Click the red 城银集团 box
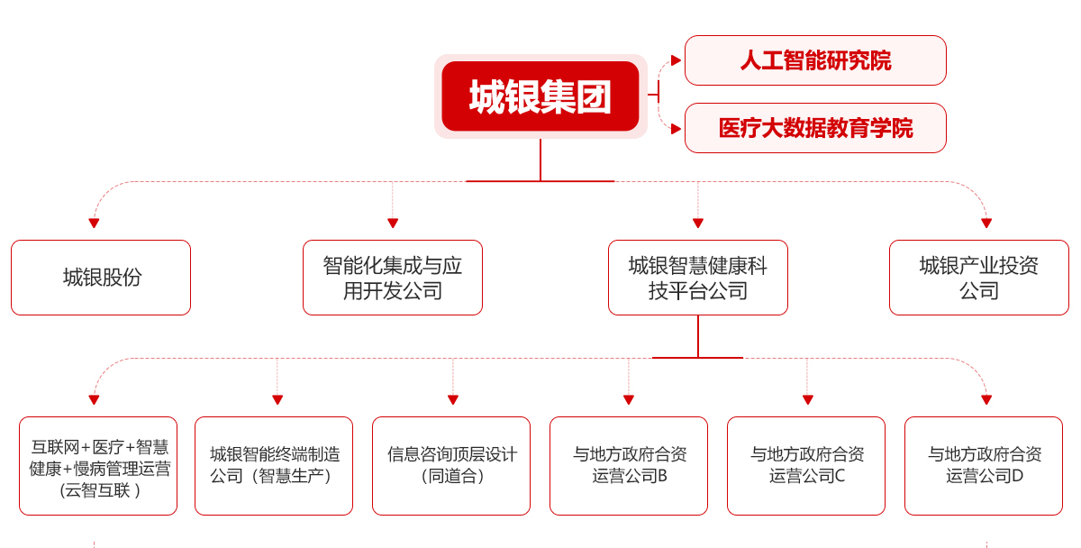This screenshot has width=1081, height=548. click(540, 96)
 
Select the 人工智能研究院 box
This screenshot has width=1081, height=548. click(815, 60)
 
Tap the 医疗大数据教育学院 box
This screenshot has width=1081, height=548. click(815, 128)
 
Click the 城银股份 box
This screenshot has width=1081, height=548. click(101, 278)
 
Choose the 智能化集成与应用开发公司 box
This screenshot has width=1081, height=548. click(393, 278)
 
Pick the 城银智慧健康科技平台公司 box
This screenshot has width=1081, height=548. click(698, 278)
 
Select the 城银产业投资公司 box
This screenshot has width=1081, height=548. click(979, 278)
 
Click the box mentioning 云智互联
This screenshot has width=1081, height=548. click(98, 466)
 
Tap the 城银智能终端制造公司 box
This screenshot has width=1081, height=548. click(274, 466)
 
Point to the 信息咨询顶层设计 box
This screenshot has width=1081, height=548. click(451, 466)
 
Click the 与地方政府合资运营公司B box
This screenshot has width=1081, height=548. click(629, 466)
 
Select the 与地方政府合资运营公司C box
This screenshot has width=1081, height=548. click(806, 466)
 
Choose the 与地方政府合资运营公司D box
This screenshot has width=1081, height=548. click(984, 466)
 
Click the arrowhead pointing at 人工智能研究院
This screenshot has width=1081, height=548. click(677, 60)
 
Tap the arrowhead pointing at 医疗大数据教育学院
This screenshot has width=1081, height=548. click(677, 129)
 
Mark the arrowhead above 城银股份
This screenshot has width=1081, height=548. click(94, 223)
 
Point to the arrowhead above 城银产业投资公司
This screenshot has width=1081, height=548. click(986, 223)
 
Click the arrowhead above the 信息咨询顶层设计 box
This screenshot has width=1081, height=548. click(453, 399)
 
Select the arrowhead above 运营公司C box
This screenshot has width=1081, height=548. click(808, 399)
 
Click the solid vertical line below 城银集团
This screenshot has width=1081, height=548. click(540, 160)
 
